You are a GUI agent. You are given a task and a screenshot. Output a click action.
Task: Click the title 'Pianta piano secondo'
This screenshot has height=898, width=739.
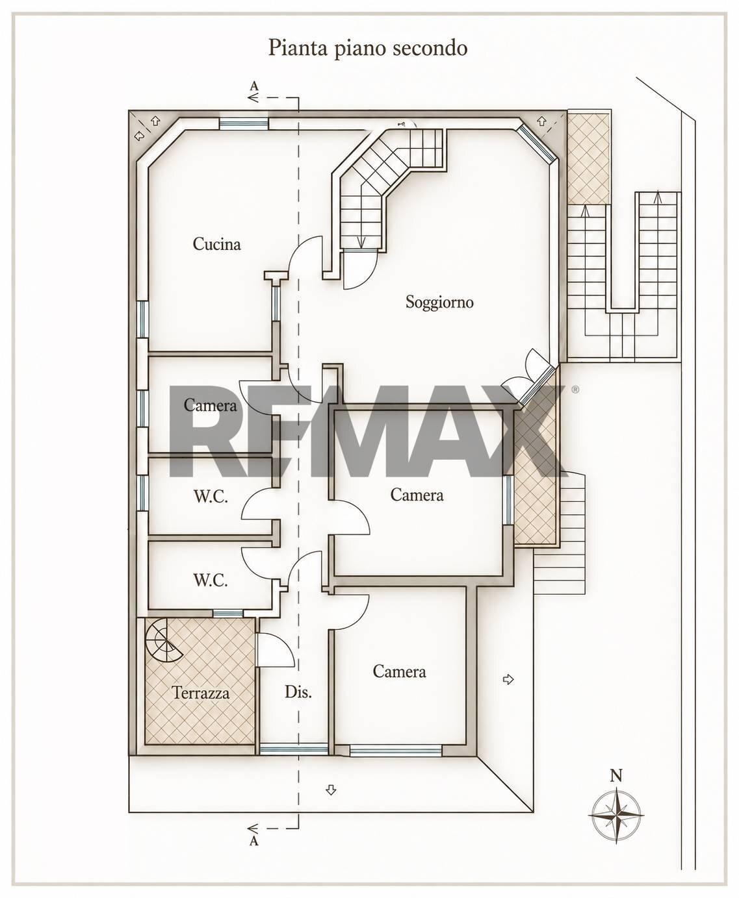tap(367, 48)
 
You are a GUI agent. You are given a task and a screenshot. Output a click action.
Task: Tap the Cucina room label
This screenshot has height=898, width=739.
tap(216, 244)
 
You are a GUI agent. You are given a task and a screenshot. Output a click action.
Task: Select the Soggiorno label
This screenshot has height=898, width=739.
tap(439, 303)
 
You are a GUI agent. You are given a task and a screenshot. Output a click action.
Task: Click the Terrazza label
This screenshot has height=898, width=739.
tap(201, 693)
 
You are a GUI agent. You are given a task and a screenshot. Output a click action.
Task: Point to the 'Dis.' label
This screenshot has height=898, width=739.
tap(298, 692)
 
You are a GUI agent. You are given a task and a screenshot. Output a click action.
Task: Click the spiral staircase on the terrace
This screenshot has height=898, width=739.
tap(164, 640)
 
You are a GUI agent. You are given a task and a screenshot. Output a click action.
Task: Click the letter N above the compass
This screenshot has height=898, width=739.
tap(616, 775)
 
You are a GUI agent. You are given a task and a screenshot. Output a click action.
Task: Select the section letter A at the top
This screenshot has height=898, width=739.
tap(254, 86)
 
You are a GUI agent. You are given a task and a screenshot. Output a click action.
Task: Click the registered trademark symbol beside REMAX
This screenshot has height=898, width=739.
tap(575, 389)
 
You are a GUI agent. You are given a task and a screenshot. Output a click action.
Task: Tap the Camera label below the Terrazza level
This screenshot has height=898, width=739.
tap(399, 671)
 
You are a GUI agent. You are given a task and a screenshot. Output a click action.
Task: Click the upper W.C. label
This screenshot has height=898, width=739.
tap(211, 497)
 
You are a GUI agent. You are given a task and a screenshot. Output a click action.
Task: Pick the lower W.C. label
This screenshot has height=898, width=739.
tap(211, 580)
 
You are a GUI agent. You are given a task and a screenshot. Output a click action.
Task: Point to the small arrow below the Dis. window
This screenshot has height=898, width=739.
tap(331, 790)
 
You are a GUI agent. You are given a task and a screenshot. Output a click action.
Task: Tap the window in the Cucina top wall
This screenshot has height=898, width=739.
tap(244, 123)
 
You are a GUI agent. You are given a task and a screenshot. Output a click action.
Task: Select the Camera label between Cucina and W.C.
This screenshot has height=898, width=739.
tap(210, 405)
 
